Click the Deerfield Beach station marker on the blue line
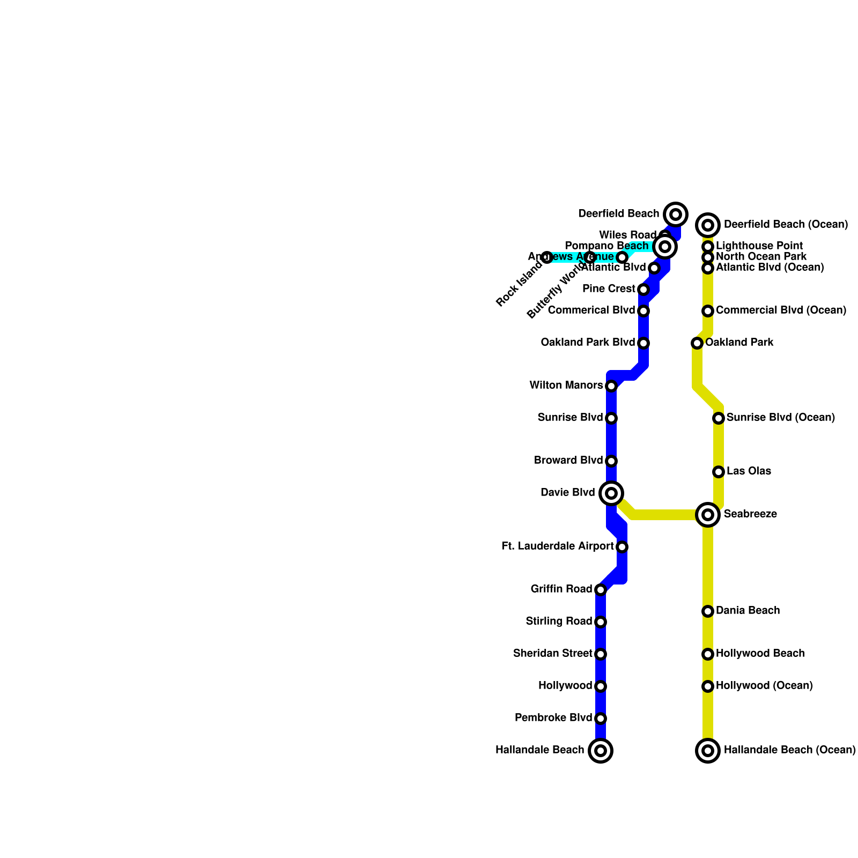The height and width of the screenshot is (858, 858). (x=676, y=214)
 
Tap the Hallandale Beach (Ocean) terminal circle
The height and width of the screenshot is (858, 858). (x=708, y=750)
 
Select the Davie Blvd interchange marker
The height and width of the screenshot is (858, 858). (x=611, y=493)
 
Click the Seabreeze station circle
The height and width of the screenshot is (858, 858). (x=708, y=515)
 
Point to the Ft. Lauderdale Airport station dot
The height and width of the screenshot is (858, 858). (x=622, y=547)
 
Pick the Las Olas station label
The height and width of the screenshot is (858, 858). (x=749, y=471)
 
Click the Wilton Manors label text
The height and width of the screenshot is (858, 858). (x=566, y=386)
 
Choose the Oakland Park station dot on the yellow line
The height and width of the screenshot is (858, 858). (x=697, y=343)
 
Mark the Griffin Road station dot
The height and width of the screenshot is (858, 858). (x=601, y=590)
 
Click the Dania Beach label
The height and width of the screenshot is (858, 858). (x=748, y=611)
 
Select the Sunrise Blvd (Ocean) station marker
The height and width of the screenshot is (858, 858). (x=719, y=418)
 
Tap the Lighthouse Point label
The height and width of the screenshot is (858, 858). (x=759, y=246)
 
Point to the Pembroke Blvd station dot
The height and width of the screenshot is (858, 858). (x=601, y=719)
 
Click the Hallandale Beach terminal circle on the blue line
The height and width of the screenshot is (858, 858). (x=601, y=750)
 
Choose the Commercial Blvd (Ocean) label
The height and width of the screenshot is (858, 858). (x=781, y=310)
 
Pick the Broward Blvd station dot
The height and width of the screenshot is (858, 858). (x=611, y=461)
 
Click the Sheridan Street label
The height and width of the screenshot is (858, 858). (x=552, y=654)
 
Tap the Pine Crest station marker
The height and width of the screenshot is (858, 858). (x=643, y=290)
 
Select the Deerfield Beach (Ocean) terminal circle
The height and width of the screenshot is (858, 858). (x=708, y=225)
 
